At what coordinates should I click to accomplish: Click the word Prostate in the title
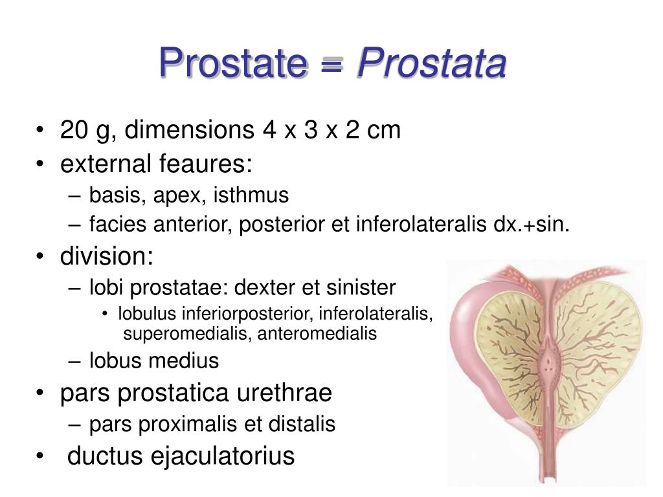232,64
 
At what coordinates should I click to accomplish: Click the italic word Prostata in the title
432,64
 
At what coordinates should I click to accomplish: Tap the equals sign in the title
331,65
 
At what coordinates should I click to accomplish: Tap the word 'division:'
107,257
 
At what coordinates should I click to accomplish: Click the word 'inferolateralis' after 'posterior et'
416,225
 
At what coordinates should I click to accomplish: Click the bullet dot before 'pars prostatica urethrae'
41,393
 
